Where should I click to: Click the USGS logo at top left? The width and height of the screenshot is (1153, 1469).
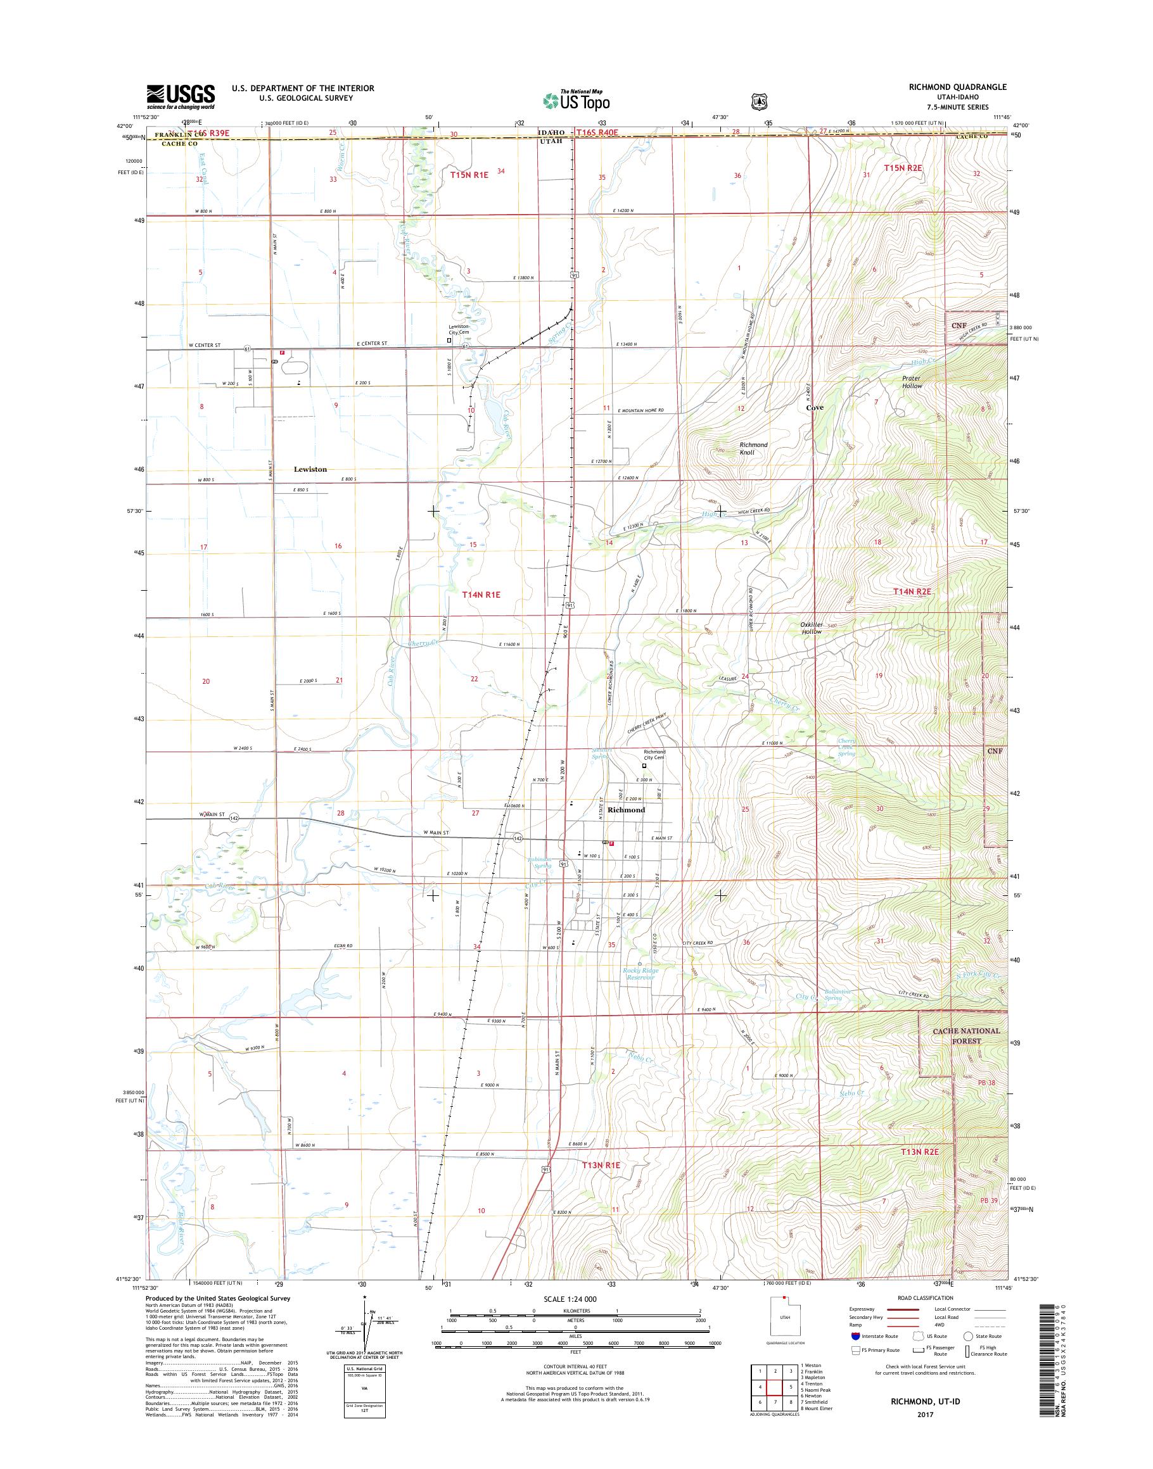pos(181,96)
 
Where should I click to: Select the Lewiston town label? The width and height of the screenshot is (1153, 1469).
pos(310,469)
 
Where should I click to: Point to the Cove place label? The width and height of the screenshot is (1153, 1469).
pos(814,408)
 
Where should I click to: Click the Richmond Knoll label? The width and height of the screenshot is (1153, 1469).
pos(753,449)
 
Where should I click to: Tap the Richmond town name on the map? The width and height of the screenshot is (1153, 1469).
pos(626,810)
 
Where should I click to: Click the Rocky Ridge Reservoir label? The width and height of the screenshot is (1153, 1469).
pos(640,974)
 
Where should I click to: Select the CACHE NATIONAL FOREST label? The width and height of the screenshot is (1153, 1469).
pos(966,1036)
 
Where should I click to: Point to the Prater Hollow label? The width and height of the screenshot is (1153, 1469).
pos(912,382)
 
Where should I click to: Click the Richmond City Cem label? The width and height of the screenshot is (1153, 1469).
pos(654,754)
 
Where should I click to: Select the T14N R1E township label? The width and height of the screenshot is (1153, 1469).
pos(481,594)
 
